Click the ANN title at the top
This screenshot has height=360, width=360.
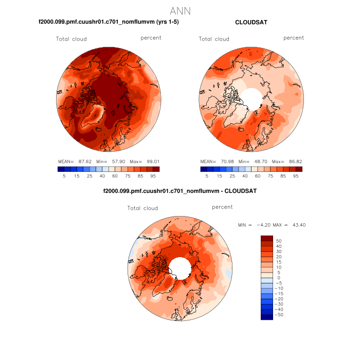pos(180,11)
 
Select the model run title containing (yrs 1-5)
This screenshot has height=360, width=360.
pos(109,22)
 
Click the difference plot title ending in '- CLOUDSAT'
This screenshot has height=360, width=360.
pos(180,191)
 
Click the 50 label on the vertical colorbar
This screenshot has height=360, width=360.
pos(279,241)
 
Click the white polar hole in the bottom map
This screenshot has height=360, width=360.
pos(180,266)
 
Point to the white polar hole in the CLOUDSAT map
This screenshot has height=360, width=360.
pos(251,96)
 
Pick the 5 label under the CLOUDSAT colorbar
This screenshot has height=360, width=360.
pos(207,176)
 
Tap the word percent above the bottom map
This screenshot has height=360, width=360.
pos(222,207)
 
